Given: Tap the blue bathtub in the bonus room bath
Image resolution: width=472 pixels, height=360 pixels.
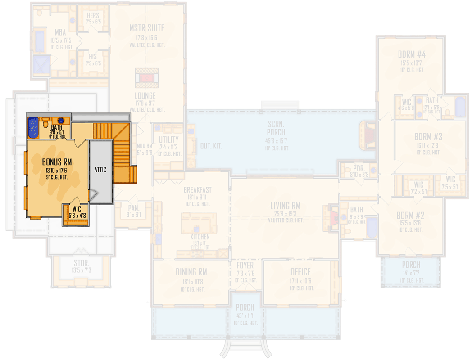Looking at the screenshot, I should click(x=33, y=127).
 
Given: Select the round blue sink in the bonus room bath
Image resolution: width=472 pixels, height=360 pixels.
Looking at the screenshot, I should click(x=60, y=121).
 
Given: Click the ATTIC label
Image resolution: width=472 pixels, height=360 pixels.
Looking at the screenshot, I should click(x=100, y=170).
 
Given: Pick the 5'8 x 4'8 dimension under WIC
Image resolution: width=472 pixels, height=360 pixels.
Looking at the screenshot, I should click(x=77, y=216).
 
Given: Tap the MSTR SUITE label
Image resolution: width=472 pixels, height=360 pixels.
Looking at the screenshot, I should click(x=147, y=28).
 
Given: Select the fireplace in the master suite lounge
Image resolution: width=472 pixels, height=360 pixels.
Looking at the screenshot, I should click(x=147, y=77).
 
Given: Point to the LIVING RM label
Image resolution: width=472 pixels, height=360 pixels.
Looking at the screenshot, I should click(x=285, y=206).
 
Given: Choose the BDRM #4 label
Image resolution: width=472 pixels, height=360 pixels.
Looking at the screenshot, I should click(x=412, y=54).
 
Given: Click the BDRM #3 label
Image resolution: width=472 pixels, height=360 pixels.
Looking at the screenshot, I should click(x=428, y=136).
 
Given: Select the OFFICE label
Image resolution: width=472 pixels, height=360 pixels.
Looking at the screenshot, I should click(x=300, y=272).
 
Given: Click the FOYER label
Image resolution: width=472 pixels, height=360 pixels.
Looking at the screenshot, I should click(x=245, y=265).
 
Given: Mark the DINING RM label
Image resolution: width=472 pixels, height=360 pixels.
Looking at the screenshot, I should click(x=191, y=272).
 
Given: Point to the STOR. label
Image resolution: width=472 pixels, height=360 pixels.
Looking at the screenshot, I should click(x=82, y=263).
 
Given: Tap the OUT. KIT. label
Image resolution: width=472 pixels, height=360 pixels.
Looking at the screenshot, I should click(x=211, y=146).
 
